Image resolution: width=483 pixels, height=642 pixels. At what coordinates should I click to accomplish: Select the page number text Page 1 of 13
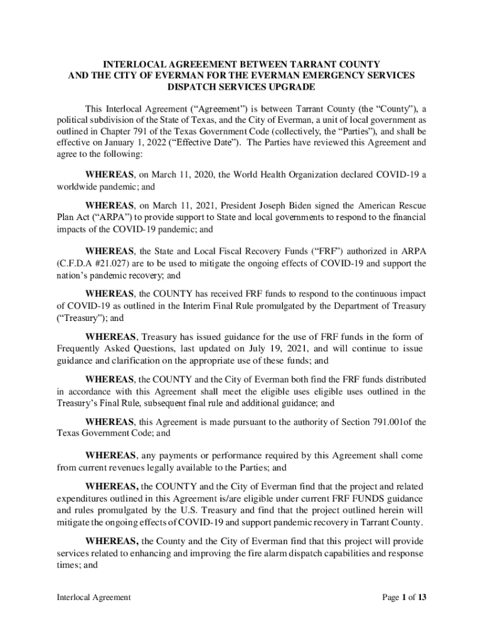(x=405, y=597)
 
